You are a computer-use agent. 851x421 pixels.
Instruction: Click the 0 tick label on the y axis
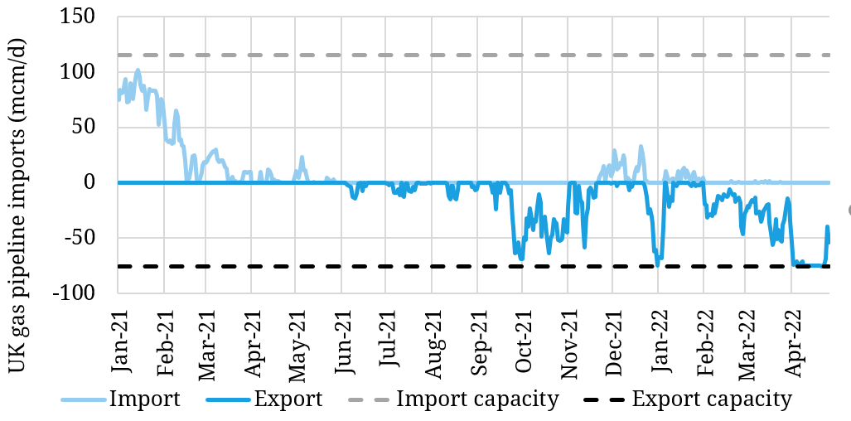click(x=99, y=182)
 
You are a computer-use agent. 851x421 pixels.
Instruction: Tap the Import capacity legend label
click(x=478, y=399)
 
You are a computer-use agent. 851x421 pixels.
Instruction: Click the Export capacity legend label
click(x=712, y=399)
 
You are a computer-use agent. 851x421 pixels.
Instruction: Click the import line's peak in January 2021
click(x=138, y=70)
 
